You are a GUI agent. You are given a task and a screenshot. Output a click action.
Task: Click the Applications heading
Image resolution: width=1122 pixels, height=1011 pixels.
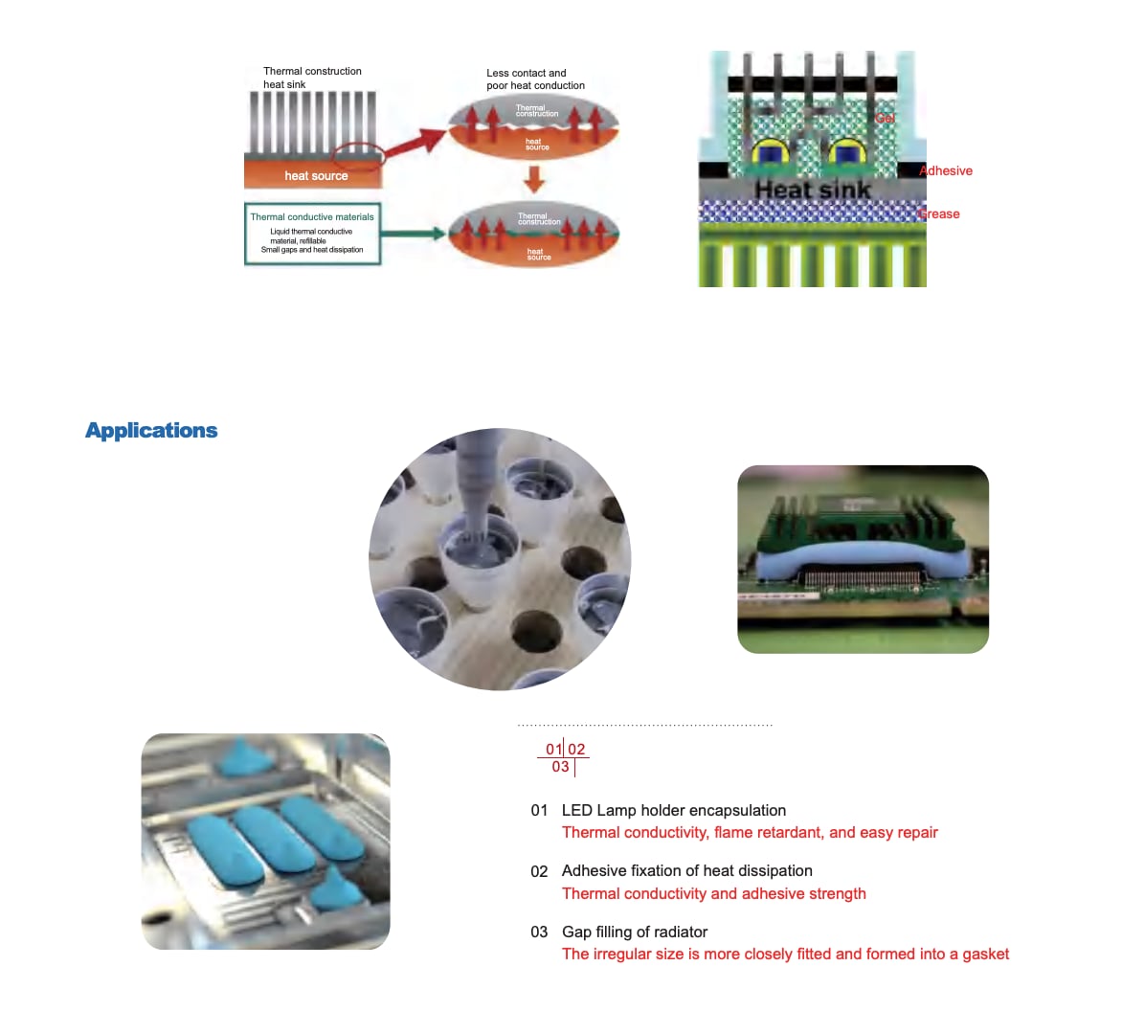tap(151, 431)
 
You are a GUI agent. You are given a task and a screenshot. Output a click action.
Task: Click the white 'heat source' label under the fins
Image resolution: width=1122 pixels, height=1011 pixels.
tap(316, 176)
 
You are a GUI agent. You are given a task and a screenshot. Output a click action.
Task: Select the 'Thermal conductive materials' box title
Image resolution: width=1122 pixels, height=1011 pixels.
tap(312, 217)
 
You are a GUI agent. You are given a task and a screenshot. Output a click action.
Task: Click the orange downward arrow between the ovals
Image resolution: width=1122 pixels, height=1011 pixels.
tap(534, 179)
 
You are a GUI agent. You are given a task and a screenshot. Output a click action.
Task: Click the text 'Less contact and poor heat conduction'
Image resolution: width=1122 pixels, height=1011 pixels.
tap(534, 79)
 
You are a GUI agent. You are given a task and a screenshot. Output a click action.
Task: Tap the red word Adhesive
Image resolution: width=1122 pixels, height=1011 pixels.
tap(946, 171)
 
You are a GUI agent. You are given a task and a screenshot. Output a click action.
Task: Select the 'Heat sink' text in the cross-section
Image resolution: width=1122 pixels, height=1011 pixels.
tap(812, 190)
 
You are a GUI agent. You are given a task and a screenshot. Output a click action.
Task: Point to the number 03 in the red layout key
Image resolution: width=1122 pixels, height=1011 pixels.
tap(560, 767)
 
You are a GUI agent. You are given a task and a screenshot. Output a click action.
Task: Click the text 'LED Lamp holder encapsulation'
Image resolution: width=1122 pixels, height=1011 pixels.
tap(673, 811)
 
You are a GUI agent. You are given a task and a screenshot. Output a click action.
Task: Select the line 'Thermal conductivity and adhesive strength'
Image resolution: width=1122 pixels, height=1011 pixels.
tap(713, 894)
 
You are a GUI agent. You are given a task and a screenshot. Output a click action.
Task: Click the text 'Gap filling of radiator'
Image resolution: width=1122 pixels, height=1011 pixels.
tap(634, 932)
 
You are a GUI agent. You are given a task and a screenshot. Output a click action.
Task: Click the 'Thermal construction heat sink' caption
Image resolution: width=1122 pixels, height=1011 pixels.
tap(312, 78)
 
